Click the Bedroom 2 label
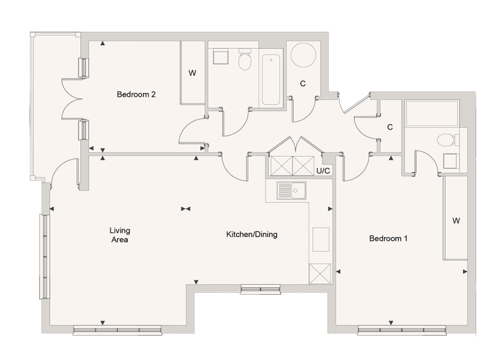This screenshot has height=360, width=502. click(136, 95)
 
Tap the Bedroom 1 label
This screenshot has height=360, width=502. click(388, 238)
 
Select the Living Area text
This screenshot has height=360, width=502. click(119, 235)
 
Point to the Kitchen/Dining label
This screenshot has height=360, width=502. click(252, 235)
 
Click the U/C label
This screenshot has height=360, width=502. click(323, 171)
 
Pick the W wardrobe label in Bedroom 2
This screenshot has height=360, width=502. click(193, 73)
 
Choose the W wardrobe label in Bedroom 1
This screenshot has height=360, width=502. click(456, 221)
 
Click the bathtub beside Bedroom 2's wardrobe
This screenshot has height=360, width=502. click(271, 80)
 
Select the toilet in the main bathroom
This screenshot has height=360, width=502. click(245, 60)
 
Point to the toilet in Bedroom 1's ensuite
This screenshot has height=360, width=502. click(447, 139)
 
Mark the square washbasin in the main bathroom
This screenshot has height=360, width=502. click(220, 57)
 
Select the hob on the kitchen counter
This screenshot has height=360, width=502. click(321, 238)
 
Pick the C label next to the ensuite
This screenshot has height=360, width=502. click(390, 127)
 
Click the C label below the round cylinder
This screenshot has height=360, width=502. click(302, 83)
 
